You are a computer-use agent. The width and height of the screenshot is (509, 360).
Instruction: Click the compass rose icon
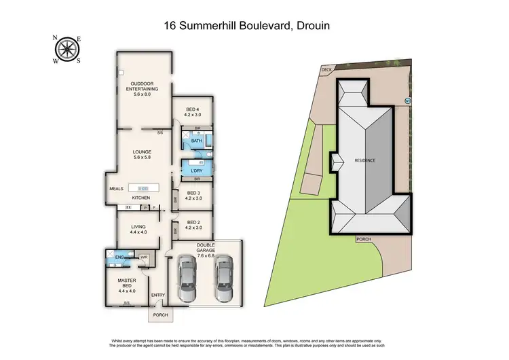[x=67, y=48]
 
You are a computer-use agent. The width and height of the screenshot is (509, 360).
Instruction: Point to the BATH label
[x=196, y=141]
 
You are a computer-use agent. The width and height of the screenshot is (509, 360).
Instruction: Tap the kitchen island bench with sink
[x=143, y=188]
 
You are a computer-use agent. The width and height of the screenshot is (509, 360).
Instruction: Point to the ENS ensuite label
[x=119, y=258]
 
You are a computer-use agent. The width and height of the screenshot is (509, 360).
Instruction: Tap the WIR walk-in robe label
[x=144, y=258]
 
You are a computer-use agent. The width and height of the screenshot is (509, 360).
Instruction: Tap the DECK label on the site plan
[x=326, y=69]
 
